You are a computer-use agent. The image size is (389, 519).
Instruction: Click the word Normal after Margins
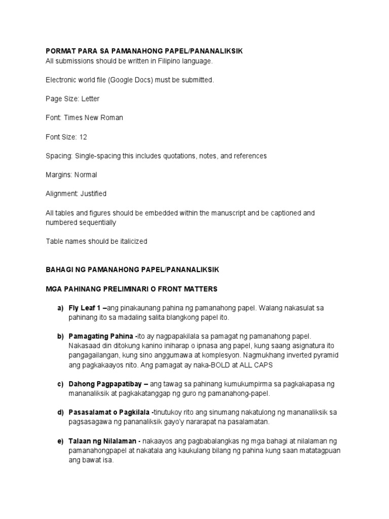(x=86, y=175)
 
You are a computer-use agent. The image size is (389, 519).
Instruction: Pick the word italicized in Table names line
(x=130, y=241)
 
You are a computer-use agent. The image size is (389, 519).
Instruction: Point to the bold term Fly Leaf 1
(x=85, y=308)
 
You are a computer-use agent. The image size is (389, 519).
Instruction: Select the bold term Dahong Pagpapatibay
(x=105, y=384)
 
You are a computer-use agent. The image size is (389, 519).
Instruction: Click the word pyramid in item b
(x=324, y=355)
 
